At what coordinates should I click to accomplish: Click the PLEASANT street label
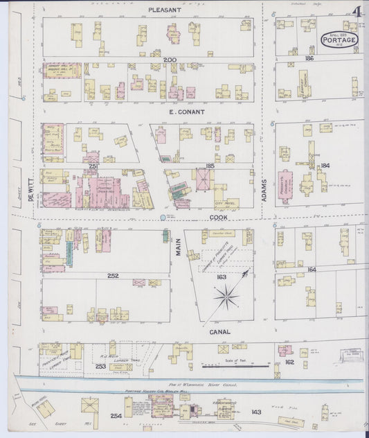164,10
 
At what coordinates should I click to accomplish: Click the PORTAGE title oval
339,40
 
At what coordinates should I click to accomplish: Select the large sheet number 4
357,12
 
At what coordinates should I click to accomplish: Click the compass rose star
226,298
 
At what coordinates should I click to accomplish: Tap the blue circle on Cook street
163,218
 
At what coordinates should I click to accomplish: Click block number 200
170,60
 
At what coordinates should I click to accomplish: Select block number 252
112,275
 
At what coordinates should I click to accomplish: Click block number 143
256,412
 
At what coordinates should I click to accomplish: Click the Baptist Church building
303,83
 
